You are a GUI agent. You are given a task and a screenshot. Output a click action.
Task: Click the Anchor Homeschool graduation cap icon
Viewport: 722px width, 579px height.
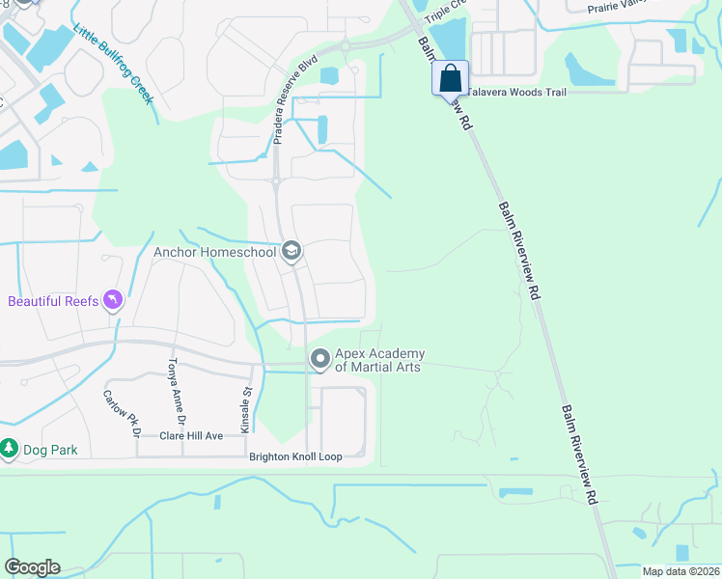(x=291, y=253)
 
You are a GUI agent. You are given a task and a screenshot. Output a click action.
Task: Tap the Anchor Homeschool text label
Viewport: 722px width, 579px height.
(x=215, y=253)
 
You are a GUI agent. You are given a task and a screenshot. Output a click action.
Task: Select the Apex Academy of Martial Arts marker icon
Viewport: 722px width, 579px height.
(x=320, y=360)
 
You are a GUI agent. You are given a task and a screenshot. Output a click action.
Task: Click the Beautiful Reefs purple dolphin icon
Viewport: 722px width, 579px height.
(x=114, y=301)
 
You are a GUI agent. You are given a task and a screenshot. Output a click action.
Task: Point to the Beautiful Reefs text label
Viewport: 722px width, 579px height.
(x=53, y=301)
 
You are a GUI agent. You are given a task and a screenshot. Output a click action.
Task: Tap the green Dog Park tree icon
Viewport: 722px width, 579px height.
(x=9, y=449)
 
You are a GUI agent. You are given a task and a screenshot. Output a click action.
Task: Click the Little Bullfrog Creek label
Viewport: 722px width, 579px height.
(x=113, y=65)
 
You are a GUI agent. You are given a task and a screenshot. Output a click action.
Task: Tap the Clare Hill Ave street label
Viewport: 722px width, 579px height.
(x=191, y=436)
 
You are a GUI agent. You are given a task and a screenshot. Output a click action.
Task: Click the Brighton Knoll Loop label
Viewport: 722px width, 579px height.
(x=295, y=456)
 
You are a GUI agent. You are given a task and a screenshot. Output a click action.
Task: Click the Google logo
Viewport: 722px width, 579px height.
(x=32, y=566)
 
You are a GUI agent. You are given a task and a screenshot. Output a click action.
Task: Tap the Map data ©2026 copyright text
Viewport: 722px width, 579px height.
(x=680, y=571)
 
